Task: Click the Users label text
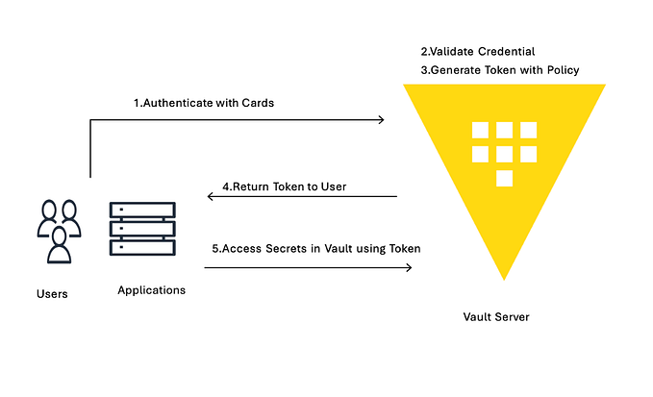[x=52, y=293]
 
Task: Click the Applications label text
[x=151, y=289]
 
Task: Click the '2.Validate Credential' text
[x=478, y=50]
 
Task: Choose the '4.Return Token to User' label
[x=284, y=186]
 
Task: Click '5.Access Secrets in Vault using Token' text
[x=315, y=249]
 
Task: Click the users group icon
[x=58, y=230]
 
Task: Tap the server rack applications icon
[x=141, y=229]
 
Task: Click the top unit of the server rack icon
[x=141, y=211]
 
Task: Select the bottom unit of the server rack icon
[x=141, y=247]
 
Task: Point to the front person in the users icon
[x=59, y=245]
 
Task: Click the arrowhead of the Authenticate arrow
[x=381, y=120]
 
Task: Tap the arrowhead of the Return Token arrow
[x=212, y=197]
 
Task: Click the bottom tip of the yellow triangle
[x=503, y=278]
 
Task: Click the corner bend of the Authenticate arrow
[x=90, y=120]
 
